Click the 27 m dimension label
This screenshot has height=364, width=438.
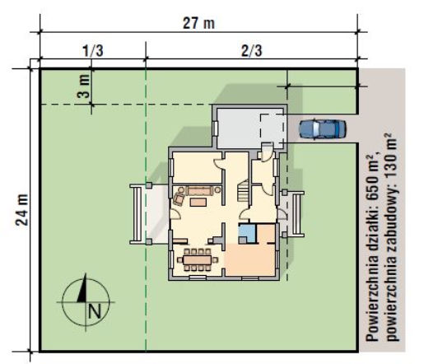198,23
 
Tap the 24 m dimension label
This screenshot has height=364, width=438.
21,209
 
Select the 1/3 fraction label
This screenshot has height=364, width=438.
93,51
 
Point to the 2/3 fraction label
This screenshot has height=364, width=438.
252,51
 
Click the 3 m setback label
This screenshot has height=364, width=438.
84,86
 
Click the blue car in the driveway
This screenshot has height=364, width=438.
323,128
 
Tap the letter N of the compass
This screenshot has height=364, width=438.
95,311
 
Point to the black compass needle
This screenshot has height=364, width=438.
82,287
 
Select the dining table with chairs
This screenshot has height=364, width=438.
198,259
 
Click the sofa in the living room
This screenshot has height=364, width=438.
200,191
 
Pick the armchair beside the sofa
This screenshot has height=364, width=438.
179,198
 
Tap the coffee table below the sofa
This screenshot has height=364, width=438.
198,202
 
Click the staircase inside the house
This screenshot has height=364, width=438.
243,190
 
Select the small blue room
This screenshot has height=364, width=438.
247,234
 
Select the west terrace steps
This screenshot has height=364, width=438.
137,214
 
